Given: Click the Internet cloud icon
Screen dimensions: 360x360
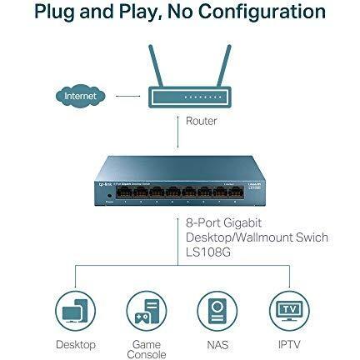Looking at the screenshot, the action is coord(80,96).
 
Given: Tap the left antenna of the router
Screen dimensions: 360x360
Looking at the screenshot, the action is coord(156,66).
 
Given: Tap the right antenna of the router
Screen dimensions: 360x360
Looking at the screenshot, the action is coord(224,66).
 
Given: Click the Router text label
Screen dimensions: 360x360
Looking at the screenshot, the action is coord(201,121).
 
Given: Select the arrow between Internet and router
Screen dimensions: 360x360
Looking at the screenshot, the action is coord(128,97).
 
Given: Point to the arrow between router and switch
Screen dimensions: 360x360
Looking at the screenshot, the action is coord(178,132).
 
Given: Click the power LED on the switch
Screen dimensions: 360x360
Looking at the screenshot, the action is coord(109,196).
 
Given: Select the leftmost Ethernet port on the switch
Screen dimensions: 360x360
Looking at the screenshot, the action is coord(124,192).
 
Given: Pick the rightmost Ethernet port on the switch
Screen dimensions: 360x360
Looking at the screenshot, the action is coord(236,192).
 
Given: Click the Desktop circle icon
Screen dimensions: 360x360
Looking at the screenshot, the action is coord(75,311).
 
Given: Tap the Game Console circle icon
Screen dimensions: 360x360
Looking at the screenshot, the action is coord(147,311).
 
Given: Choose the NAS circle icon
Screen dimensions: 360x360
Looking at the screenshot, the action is coord(217,311).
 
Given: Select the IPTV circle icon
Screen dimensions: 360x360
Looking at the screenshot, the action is coord(289,311).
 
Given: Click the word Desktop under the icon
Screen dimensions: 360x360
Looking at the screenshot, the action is coord(76,345).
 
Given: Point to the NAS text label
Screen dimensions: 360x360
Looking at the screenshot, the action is coord(217,345).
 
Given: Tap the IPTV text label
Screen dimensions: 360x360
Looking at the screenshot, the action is coord(289,345).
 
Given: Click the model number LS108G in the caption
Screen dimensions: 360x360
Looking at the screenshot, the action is coord(208,252).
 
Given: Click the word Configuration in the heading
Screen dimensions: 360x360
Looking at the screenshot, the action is coord(262,12).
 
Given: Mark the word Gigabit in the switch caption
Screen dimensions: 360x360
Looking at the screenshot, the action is coord(242,223).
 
